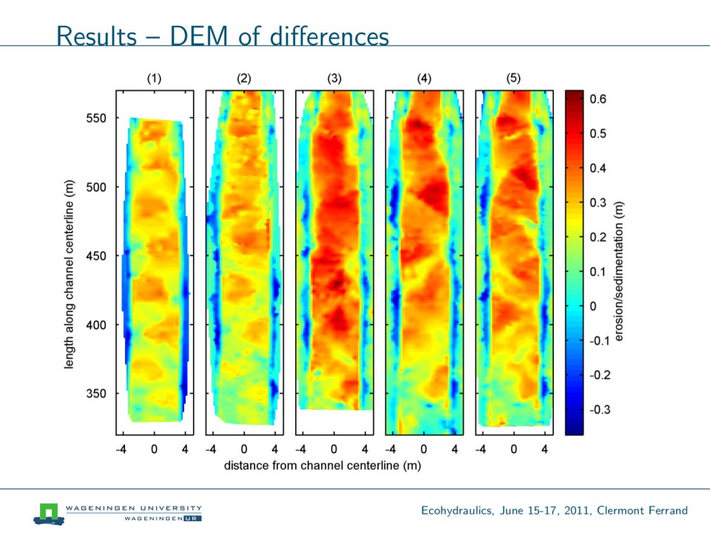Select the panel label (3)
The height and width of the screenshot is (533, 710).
(x=334, y=78)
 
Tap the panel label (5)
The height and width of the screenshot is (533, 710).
(x=513, y=78)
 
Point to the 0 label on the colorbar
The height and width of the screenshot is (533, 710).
(x=591, y=306)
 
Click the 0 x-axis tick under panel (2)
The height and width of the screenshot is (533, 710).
(x=244, y=449)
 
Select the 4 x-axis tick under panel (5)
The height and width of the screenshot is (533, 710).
(x=545, y=449)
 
